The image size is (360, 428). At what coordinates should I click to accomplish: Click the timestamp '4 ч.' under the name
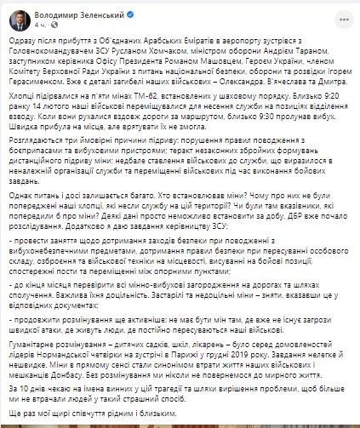pyautogui.click(x=36, y=23)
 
